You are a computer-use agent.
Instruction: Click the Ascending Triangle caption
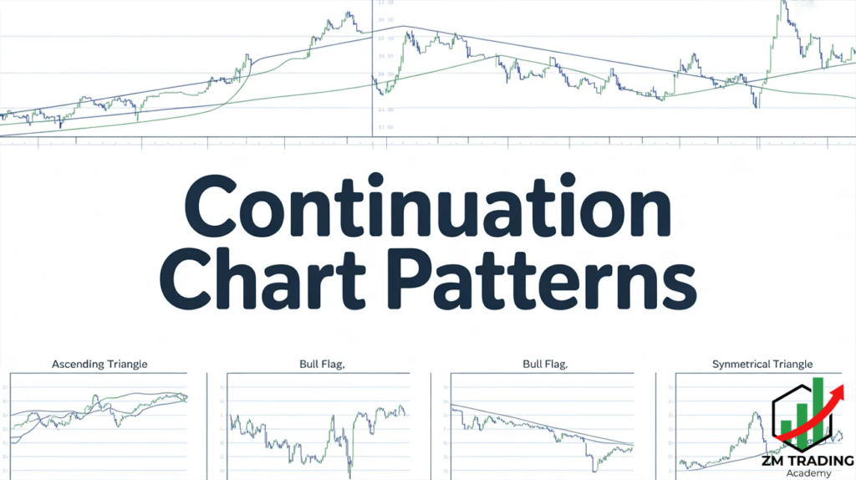click(x=100, y=365)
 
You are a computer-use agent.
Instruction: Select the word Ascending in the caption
click(x=79, y=365)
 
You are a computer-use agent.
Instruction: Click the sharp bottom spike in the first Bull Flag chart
click(x=349, y=466)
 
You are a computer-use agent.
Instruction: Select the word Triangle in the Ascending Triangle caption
click(x=125, y=365)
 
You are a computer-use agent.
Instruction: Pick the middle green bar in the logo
click(x=802, y=418)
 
